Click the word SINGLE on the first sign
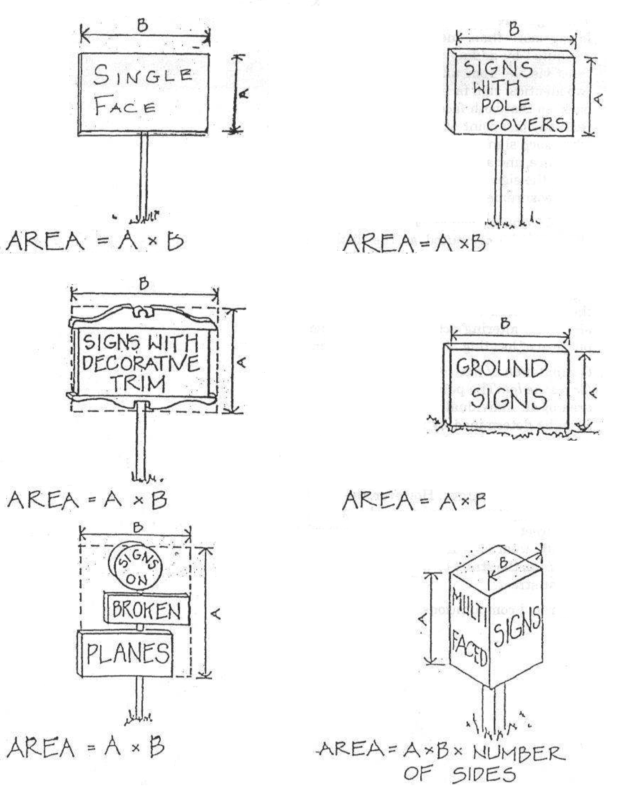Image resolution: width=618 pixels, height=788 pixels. click(x=143, y=75)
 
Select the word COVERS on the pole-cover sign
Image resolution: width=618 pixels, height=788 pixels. click(x=526, y=125)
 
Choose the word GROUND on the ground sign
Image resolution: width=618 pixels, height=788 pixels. click(x=502, y=368)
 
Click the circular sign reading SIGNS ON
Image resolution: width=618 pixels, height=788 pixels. click(x=136, y=567)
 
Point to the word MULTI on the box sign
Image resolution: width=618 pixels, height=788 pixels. click(x=468, y=611)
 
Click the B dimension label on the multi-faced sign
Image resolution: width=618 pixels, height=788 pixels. click(x=504, y=562)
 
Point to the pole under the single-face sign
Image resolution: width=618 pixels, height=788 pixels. click(x=144, y=174)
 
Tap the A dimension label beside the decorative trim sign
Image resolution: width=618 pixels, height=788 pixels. click(x=242, y=361)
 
